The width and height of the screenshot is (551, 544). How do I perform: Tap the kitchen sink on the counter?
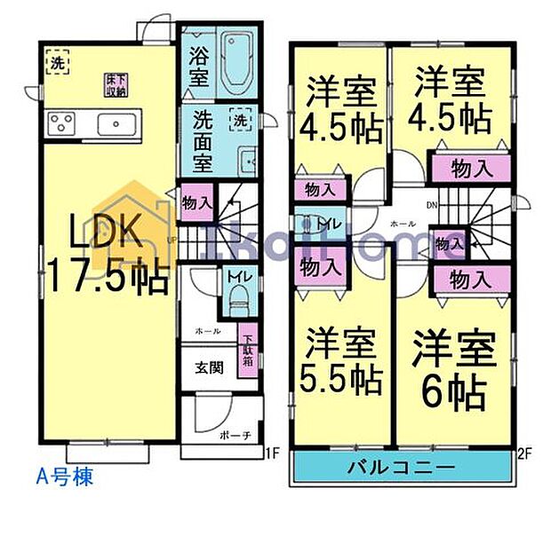(x=115, y=122)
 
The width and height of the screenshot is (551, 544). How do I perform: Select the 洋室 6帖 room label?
(x=452, y=367)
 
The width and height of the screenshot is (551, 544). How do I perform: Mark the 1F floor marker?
(x=272, y=453)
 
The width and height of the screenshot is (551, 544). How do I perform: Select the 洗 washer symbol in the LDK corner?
(x=55, y=63)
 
